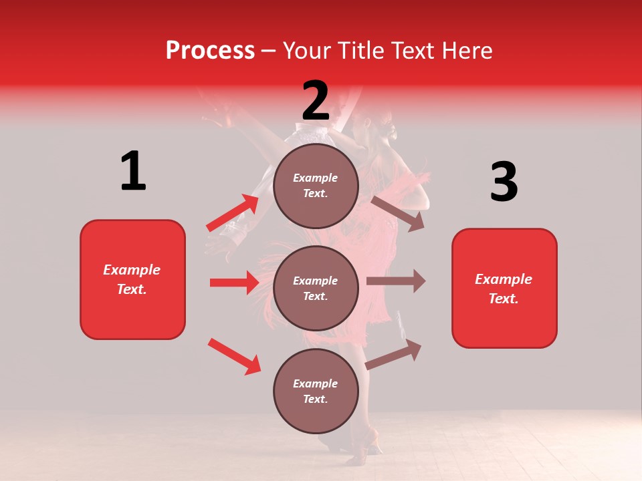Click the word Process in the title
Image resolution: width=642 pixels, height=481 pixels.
210,51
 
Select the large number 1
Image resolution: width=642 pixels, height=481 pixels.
133,172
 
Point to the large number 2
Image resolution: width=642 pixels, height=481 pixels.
316,101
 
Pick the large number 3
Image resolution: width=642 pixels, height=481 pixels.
504,182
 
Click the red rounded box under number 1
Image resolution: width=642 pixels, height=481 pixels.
132,279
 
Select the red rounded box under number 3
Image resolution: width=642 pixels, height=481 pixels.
504,288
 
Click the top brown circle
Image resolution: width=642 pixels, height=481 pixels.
316,186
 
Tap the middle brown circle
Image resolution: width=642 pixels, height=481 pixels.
316,288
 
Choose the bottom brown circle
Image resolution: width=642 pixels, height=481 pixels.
316,391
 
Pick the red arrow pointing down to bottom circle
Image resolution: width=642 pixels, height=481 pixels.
234,355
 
